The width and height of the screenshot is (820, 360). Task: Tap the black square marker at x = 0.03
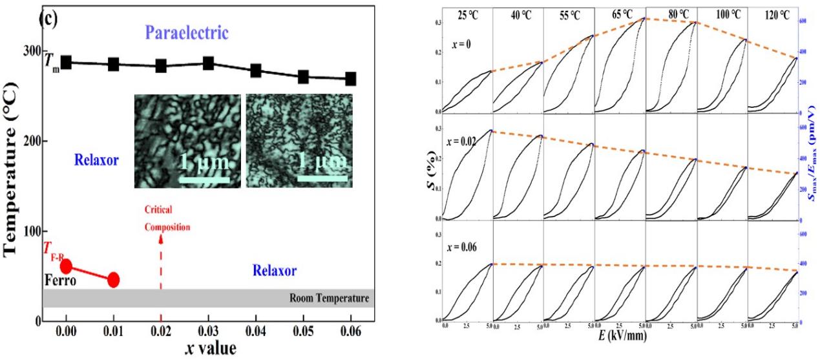click(208, 63)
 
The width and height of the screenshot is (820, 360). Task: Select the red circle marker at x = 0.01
click(113, 279)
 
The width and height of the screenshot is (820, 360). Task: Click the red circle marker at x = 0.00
click(66, 266)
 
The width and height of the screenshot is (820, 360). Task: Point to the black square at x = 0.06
click(350, 78)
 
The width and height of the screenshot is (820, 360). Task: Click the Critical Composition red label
click(163, 218)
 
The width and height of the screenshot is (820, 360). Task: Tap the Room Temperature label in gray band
click(329, 299)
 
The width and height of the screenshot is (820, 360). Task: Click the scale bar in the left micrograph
click(203, 173)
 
